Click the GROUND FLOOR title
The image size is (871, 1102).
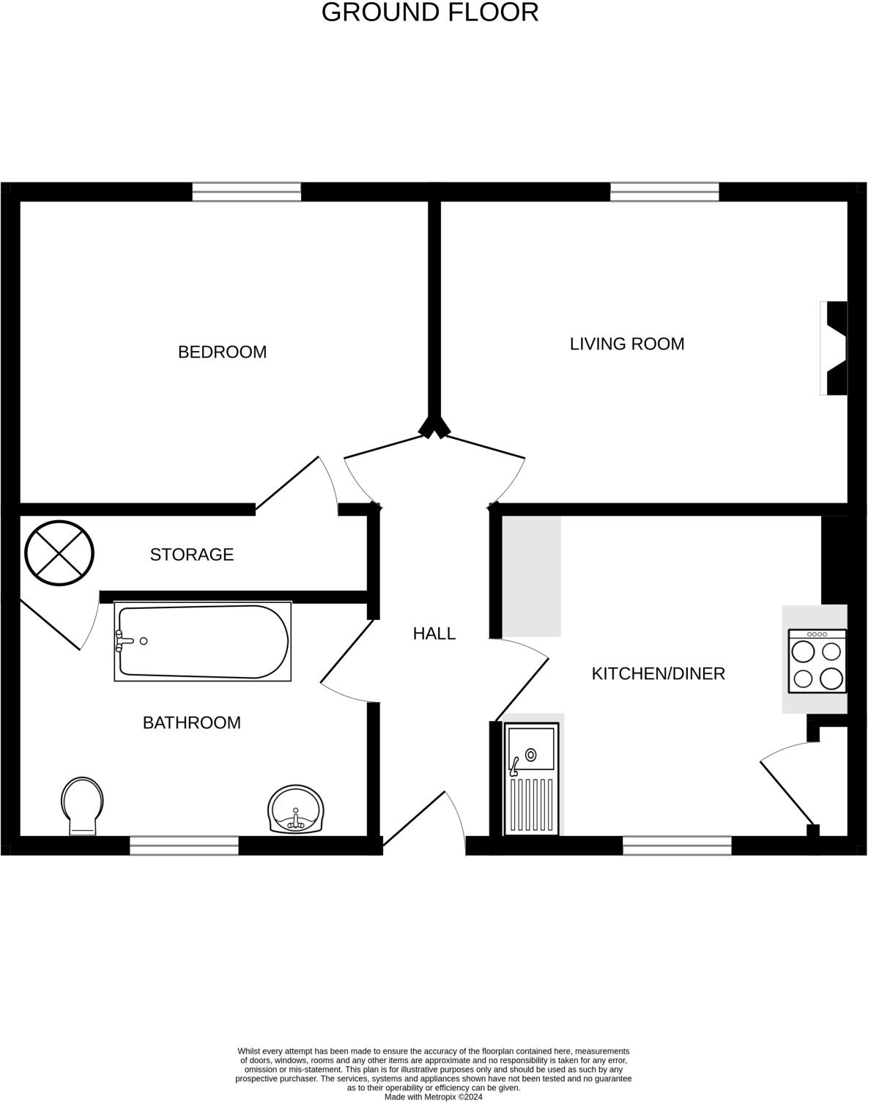point(430,12)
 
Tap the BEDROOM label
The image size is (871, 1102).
point(222,352)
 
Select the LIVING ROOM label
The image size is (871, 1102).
point(627,344)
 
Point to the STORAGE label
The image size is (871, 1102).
point(192,555)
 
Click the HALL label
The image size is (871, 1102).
point(434,634)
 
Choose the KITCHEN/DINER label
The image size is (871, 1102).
point(658,673)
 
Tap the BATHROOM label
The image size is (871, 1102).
point(191,723)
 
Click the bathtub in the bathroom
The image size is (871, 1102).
point(203,641)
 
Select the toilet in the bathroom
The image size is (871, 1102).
point(83,805)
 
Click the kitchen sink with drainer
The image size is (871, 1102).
point(532,779)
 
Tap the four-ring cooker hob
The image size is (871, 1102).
point(817,662)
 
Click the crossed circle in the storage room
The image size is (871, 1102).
point(59,552)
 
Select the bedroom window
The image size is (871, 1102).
point(247,192)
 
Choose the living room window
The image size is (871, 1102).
point(664,192)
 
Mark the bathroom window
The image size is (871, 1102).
point(184,846)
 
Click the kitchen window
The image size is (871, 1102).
point(677,846)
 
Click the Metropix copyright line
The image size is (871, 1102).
point(434,1097)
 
